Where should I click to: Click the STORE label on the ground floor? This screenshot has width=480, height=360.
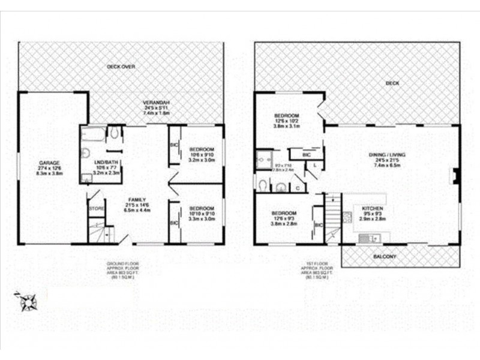pyautogui.click(x=96, y=208)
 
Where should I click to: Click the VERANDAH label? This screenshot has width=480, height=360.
pyautogui.click(x=157, y=102)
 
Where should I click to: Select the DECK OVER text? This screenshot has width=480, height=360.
pyautogui.click(x=119, y=67)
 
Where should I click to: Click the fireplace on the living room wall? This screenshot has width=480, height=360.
pyautogui.click(x=457, y=176)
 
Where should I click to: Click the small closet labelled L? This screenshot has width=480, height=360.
pyautogui.click(x=316, y=164)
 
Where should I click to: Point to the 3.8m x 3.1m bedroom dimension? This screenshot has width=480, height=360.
pyautogui.click(x=286, y=126)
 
